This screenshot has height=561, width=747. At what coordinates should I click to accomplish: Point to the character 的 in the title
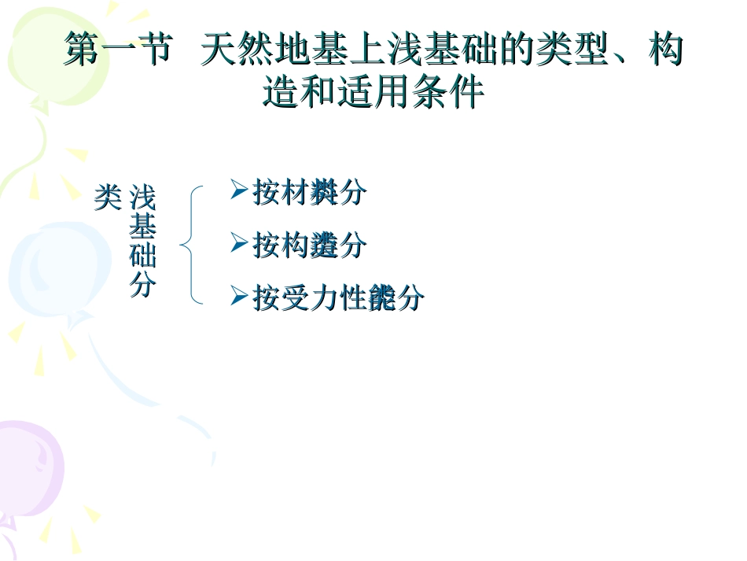pos(513,51)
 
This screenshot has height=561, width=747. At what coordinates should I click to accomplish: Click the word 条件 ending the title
pos(456,93)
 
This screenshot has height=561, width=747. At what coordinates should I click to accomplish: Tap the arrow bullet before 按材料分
pos(239,190)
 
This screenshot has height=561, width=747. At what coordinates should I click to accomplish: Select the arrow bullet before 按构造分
pos(239,244)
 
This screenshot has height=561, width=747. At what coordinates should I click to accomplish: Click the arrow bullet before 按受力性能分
pos(239,297)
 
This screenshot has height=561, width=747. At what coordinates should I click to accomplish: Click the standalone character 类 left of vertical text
pos(108,197)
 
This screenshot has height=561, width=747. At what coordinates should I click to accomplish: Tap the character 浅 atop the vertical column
pos(142,197)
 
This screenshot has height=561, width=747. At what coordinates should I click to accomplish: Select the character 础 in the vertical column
pos(142,257)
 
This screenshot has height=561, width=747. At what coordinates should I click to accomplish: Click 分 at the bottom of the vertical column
pos(142,285)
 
